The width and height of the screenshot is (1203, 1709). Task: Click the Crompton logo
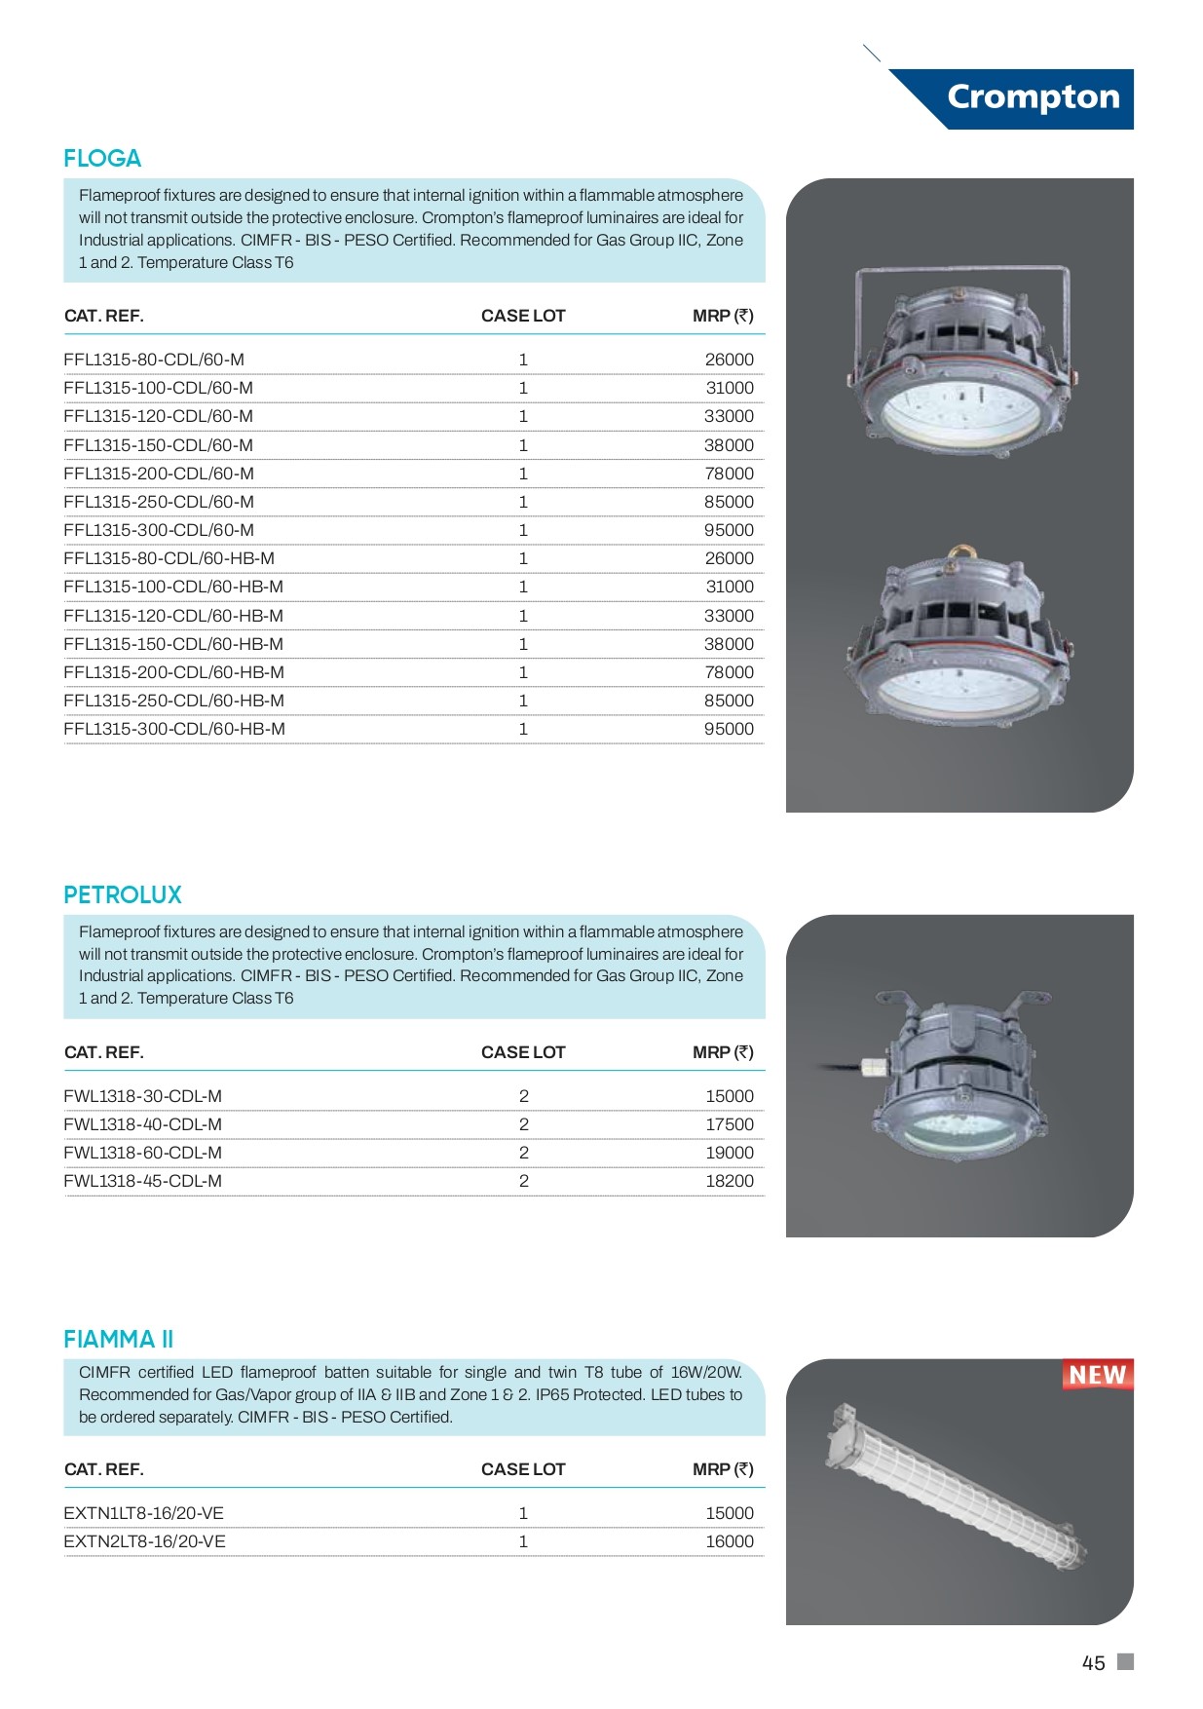coord(1033,97)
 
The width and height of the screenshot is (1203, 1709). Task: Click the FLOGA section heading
coord(102,159)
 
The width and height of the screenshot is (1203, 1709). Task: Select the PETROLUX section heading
coord(123,895)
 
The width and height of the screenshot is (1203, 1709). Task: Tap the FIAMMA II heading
coord(119,1340)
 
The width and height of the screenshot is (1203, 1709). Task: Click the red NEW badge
coord(1097,1375)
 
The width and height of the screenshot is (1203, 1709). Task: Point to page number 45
coord(1093,1663)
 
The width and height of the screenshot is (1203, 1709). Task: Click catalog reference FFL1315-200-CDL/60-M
coord(159,474)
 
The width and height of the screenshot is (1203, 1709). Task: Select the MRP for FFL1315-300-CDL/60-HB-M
coord(729,729)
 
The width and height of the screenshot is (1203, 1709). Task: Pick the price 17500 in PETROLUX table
coord(729,1124)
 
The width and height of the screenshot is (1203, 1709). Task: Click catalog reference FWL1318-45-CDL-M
coord(143,1181)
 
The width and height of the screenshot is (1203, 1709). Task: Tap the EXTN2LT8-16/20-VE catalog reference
coord(144,1541)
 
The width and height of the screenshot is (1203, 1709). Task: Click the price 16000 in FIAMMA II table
coord(729,1541)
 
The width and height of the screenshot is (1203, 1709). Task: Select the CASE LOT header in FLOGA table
coord(523,316)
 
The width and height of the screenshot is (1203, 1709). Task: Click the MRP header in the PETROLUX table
coord(723,1052)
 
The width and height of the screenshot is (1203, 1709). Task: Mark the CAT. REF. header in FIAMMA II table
coord(104,1469)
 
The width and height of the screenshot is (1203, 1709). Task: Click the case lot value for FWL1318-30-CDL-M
coord(524,1096)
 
